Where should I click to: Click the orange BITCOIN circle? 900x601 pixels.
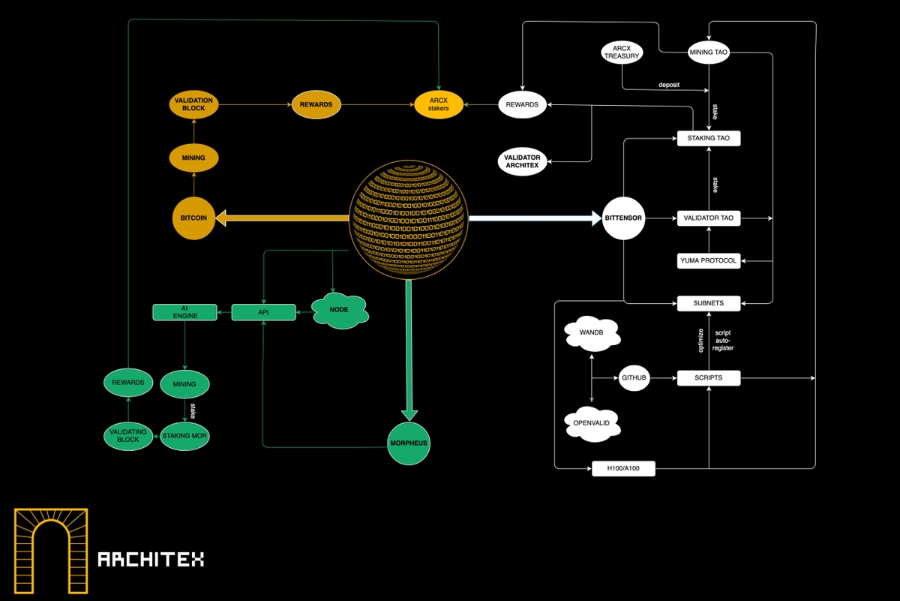(x=193, y=218)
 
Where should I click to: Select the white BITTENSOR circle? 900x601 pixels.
(x=624, y=218)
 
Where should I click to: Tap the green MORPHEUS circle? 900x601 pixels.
(x=409, y=443)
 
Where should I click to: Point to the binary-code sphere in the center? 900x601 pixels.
(x=409, y=218)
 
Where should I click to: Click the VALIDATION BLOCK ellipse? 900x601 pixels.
(x=193, y=104)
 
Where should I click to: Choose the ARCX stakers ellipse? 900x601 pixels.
(x=438, y=104)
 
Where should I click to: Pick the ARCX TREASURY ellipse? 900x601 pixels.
(x=623, y=53)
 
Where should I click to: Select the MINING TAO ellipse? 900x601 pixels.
(x=709, y=52)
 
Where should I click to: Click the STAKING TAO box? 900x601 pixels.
(x=709, y=138)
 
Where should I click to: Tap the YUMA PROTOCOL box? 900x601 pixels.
(x=709, y=260)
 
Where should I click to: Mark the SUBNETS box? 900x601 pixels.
(x=709, y=303)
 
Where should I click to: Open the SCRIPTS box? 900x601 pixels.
(x=709, y=377)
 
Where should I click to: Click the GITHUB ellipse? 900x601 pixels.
(x=634, y=377)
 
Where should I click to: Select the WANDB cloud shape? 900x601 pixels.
(x=592, y=335)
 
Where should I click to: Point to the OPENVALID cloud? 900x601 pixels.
(x=592, y=422)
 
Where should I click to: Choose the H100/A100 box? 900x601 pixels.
(x=623, y=469)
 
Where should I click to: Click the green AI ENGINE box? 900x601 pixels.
(x=184, y=311)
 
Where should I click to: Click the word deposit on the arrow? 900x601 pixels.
(x=669, y=85)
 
